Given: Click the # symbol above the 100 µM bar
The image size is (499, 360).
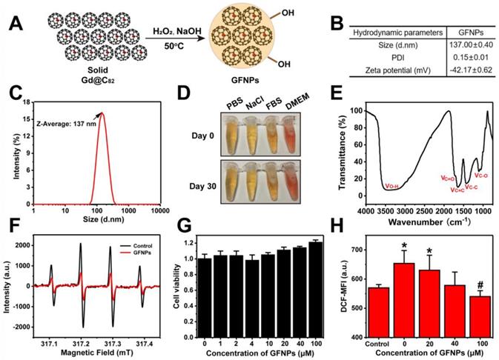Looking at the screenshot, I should pyautogui.click(x=482, y=286).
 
